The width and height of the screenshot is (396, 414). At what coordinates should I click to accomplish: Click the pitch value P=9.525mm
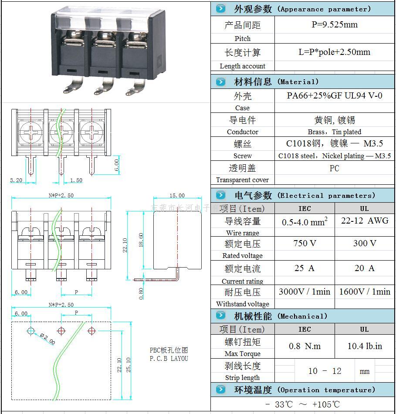[334, 25]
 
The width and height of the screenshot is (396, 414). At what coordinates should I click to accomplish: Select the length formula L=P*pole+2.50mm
[334, 52]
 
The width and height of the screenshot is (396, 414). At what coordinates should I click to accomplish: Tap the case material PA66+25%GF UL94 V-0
[334, 95]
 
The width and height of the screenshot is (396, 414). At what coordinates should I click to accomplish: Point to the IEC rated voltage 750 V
[305, 243]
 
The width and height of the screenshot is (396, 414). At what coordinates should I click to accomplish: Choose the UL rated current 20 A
[365, 268]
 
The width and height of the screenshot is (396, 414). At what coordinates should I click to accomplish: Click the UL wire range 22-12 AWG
[365, 221]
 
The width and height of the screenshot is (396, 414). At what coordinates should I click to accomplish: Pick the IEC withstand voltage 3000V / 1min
[305, 292]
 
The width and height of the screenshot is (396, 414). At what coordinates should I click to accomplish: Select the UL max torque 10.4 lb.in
[365, 346]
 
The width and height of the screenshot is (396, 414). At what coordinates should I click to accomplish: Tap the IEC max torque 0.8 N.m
[305, 346]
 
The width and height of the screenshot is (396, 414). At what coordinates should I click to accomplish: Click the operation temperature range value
[302, 404]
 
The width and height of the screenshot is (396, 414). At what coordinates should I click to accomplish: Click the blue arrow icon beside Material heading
[221, 81]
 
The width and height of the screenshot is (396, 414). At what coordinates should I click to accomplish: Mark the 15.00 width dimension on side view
[177, 196]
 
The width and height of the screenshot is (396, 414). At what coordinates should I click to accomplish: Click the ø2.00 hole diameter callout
[47, 339]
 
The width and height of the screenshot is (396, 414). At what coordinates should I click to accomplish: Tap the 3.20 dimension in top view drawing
[16, 180]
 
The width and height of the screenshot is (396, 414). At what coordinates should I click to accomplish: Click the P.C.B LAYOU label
[169, 359]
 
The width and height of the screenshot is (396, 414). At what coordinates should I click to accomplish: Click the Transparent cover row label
[242, 180]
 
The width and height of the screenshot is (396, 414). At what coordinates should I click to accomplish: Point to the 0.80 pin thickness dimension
[141, 294]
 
